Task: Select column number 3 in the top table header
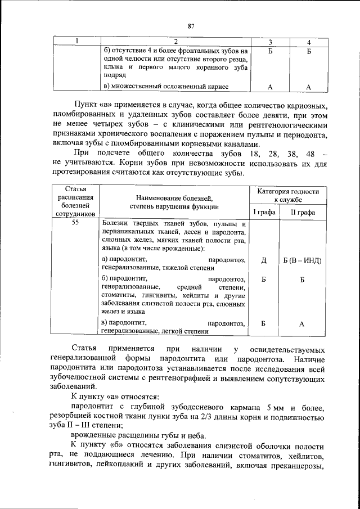[x=271, y=42]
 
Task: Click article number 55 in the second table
[x=75, y=223]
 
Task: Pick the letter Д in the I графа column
[x=264, y=260]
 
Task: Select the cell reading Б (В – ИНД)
[x=303, y=260]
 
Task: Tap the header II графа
[x=303, y=212]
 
